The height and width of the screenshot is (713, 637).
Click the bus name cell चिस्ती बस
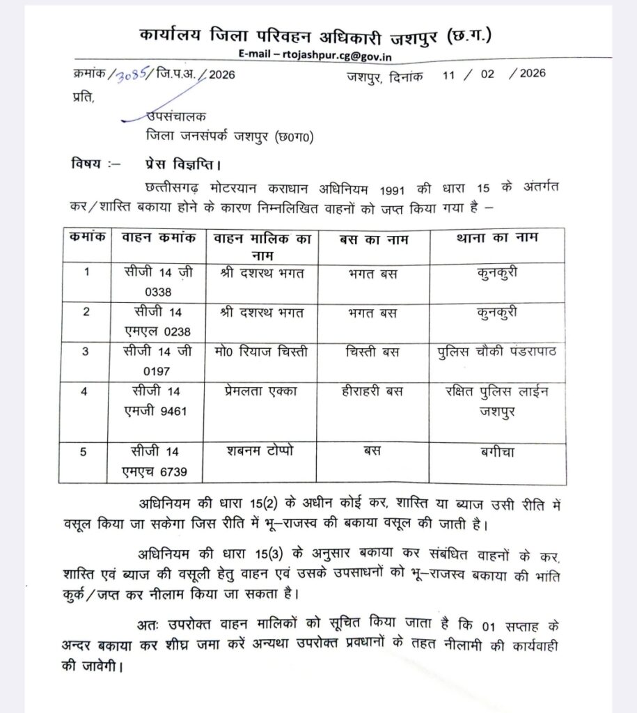pyautogui.click(x=373, y=352)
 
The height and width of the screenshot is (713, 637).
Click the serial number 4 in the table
pyautogui.click(x=85, y=391)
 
